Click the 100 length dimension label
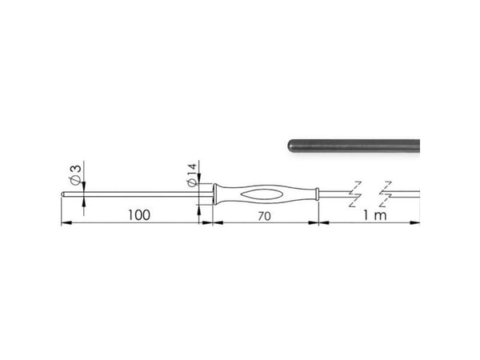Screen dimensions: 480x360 (139, 215)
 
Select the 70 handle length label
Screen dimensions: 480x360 (264, 216)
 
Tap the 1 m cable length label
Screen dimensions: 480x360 (375, 215)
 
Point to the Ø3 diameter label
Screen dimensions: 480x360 (75, 174)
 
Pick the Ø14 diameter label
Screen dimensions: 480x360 (191, 174)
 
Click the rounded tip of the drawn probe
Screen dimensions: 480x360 (62, 194)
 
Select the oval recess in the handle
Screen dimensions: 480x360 (261, 194)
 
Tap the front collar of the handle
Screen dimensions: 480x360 (215, 194)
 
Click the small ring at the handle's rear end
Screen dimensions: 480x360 (318, 194)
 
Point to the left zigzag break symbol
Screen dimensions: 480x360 (355, 194)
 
